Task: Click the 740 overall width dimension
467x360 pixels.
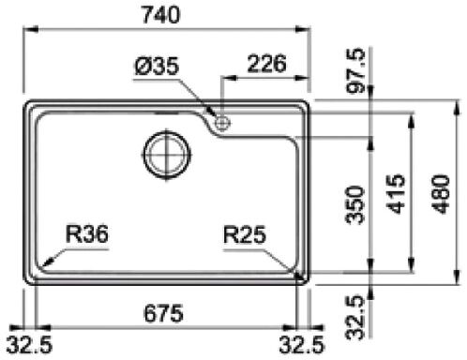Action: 161,15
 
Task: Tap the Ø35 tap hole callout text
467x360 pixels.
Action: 158,66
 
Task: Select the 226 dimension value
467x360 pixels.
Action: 266,64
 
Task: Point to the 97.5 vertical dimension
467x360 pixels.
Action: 355,70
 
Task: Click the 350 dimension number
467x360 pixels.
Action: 355,205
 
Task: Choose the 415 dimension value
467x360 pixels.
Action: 396,194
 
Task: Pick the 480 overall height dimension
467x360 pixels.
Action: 441,194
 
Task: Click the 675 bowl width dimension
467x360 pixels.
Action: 163,313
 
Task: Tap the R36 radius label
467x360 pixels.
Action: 87,234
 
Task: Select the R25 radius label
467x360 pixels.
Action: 245,234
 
